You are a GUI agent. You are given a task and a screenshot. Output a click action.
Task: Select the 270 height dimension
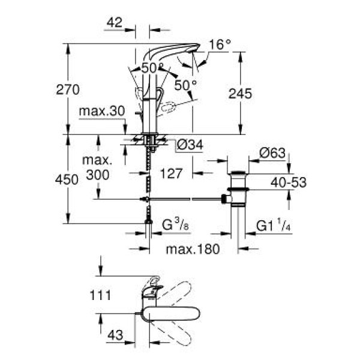[x=68, y=90]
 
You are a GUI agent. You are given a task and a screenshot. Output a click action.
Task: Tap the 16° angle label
[x=220, y=45]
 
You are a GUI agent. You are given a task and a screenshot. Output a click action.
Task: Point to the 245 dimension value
[x=240, y=94]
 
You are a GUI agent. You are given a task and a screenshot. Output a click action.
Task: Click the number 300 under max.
[x=97, y=175]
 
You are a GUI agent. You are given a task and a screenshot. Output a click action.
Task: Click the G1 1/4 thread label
[x=274, y=226]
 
